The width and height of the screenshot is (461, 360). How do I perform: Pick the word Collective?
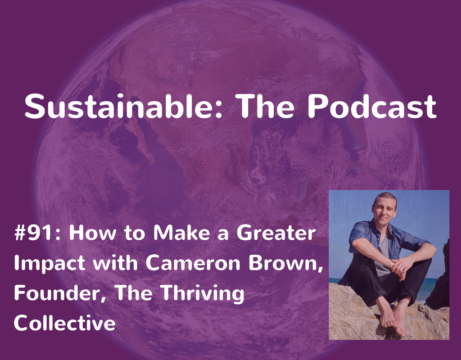[64, 323]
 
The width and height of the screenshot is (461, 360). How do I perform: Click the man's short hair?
[385, 197]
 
